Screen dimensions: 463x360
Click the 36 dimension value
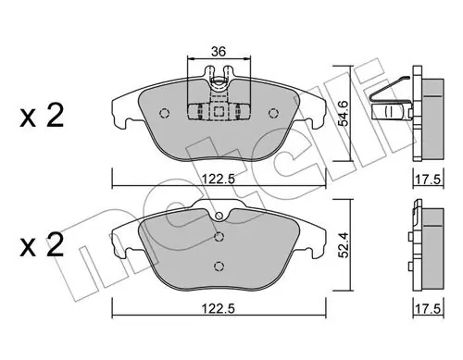219,51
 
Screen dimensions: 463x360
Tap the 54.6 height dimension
343,113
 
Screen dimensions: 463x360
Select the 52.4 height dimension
343,245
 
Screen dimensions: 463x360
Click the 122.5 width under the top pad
219,179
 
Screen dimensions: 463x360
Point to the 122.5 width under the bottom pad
219,308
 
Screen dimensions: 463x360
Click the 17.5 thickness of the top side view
428,180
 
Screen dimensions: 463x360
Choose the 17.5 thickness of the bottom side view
428,309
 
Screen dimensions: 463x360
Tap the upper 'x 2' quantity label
42,116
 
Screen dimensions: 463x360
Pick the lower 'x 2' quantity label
42,245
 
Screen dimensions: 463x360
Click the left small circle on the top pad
165,113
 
